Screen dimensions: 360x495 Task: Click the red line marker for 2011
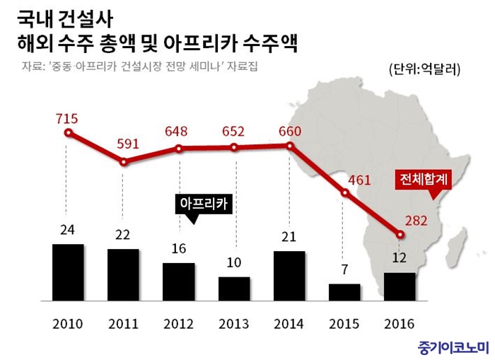(x=124, y=162)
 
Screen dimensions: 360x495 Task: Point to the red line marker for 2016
(x=400, y=234)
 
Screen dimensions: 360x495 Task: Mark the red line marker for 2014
(x=290, y=146)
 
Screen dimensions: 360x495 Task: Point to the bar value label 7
(x=345, y=269)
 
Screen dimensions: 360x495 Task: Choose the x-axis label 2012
(x=178, y=325)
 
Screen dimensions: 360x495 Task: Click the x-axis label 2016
(x=400, y=325)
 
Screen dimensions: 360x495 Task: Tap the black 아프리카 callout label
(x=206, y=204)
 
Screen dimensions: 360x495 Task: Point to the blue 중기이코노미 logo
(x=449, y=346)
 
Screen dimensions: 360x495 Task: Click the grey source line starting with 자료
(x=141, y=69)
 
